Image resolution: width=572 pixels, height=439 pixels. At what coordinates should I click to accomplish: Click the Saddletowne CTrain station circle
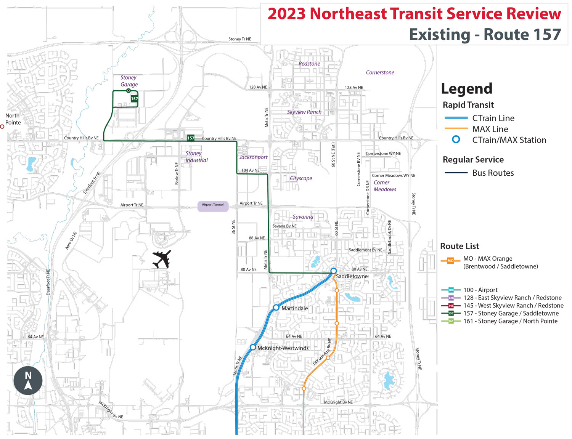[333, 271]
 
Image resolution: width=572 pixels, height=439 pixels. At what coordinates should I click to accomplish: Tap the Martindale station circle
[276, 307]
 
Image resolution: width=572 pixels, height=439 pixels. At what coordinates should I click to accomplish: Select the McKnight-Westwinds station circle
[253, 347]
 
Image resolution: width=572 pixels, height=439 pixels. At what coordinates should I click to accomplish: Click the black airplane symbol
[162, 260]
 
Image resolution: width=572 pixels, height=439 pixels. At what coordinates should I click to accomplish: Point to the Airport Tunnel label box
[213, 206]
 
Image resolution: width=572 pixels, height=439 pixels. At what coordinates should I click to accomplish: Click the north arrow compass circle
[28, 381]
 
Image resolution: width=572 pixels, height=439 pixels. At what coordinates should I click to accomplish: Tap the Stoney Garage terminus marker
[129, 91]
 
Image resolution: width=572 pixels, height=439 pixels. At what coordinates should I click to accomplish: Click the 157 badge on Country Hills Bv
[191, 138]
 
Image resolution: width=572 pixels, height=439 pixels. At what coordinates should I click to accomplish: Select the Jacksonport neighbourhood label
[253, 157]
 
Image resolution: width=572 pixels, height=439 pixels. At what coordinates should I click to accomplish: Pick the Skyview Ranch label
[304, 112]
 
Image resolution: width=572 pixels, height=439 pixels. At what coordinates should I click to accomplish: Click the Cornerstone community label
[380, 72]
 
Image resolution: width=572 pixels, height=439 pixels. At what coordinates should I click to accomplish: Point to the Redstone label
[309, 64]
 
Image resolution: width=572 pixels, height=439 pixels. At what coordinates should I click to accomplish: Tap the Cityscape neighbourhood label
[301, 178]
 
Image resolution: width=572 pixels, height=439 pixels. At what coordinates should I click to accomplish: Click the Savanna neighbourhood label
[303, 217]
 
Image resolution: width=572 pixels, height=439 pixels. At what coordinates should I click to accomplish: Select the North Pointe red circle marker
[2, 127]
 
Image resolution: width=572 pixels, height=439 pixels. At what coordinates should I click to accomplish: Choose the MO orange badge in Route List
[450, 261]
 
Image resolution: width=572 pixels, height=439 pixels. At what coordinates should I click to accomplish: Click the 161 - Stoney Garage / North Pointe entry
[510, 321]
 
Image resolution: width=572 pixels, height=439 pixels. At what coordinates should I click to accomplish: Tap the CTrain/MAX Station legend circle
[456, 139]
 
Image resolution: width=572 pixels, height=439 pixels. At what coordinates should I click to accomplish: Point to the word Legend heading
[466, 89]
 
